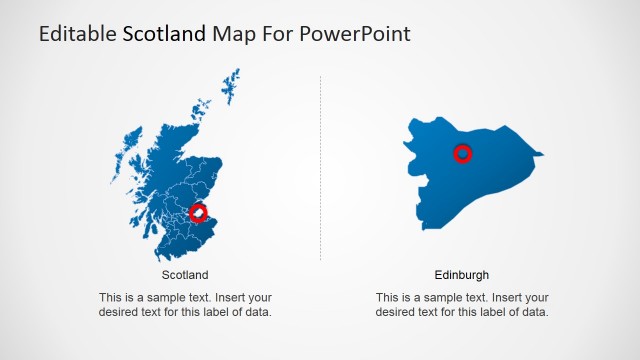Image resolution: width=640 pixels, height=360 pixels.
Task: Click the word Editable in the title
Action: pyautogui.click(x=77, y=34)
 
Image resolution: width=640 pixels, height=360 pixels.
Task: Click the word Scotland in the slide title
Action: pyautogui.click(x=165, y=34)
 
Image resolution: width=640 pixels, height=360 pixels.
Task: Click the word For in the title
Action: pyautogui.click(x=273, y=34)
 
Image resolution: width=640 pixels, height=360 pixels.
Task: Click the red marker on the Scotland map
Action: pyautogui.click(x=199, y=213)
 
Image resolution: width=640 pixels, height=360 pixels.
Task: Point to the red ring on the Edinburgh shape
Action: pyautogui.click(x=463, y=154)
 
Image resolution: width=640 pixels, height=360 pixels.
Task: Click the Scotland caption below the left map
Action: pyautogui.click(x=185, y=275)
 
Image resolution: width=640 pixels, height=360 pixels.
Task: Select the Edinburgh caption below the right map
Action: pyautogui.click(x=462, y=275)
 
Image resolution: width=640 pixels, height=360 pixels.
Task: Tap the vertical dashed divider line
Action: pyautogui.click(x=321, y=170)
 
